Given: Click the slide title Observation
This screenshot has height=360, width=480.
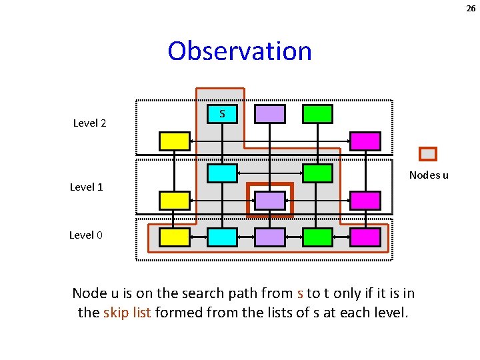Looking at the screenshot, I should [240, 51].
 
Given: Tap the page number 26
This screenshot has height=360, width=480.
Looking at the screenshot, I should [471, 9].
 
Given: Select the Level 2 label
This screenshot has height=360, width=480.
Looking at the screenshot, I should [90, 123].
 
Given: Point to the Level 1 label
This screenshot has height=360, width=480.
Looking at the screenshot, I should [87, 187].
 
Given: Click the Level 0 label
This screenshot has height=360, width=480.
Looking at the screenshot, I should [87, 235].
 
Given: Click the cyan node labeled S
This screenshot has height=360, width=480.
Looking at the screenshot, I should [222, 114].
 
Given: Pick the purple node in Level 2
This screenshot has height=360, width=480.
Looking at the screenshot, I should [270, 114].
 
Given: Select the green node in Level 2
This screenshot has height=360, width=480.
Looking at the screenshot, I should [317, 114].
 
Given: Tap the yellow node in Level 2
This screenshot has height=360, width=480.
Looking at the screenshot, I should [175, 141].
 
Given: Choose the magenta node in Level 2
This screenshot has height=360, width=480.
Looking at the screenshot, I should [365, 141].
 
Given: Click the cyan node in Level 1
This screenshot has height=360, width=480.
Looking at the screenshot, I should [222, 173].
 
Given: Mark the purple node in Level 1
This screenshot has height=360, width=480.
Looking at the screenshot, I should [270, 200].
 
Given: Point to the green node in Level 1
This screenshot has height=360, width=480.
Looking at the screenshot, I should [317, 173].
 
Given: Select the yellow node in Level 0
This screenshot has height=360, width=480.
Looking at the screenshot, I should [175, 237].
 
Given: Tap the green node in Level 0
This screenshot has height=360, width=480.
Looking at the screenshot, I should [317, 237].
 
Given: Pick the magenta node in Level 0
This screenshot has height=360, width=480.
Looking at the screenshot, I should [365, 237].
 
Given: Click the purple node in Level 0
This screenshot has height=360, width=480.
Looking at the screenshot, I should [270, 237].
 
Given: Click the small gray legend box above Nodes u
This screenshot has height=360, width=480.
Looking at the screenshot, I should [428, 154].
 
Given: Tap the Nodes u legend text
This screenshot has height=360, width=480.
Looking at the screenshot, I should [429, 175].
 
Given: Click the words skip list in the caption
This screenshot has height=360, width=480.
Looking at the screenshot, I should [127, 312].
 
